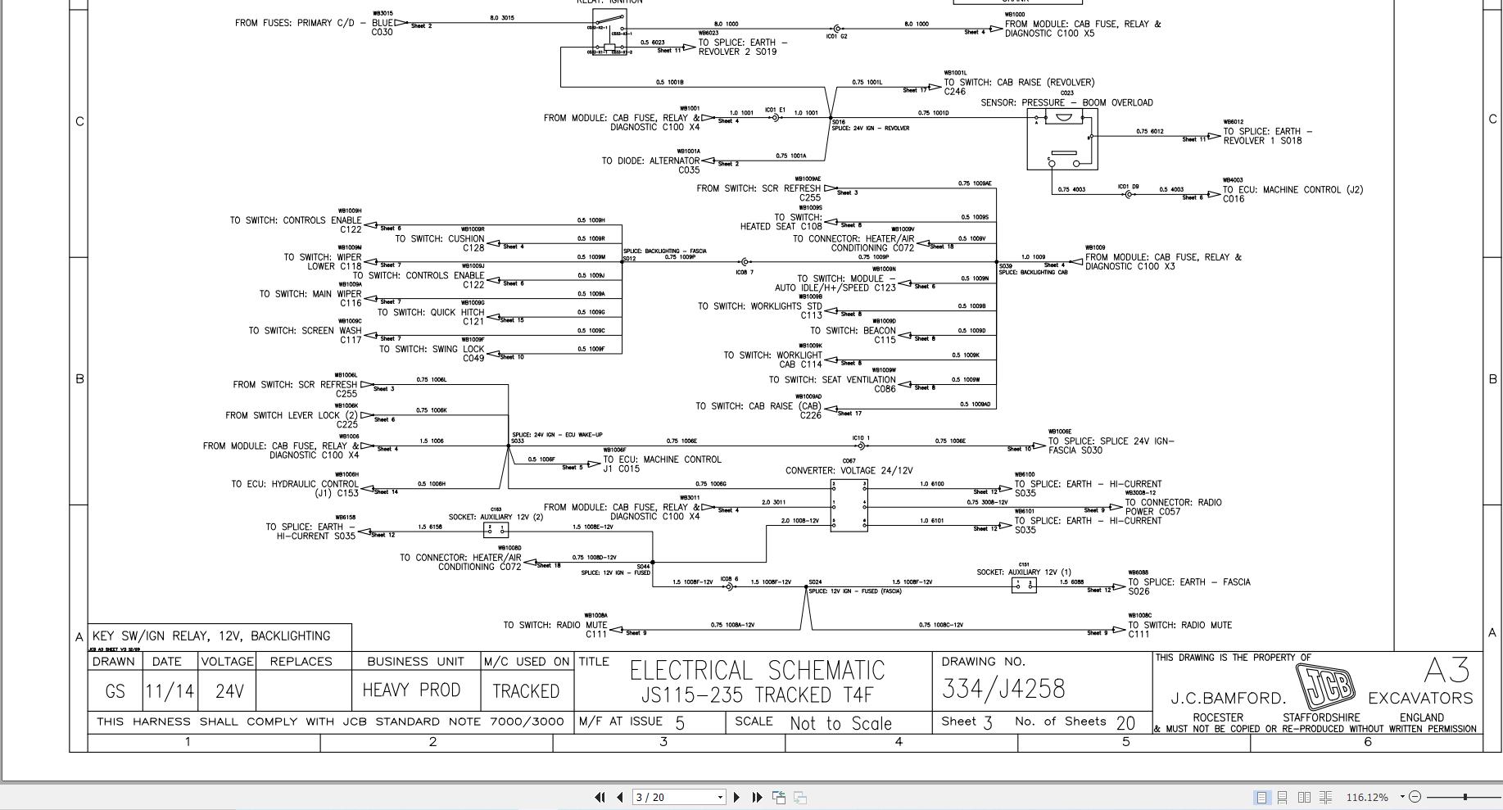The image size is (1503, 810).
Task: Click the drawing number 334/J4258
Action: click(1003, 690)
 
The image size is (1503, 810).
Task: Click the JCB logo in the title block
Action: click(1325, 686)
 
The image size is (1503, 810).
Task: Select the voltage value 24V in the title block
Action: click(229, 692)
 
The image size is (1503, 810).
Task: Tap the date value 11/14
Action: click(170, 692)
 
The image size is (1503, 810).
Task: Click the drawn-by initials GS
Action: click(115, 692)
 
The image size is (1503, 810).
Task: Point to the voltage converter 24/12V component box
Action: click(849, 505)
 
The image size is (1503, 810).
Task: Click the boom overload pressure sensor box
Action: click(1062, 139)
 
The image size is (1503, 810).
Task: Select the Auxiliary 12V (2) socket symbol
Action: click(496, 529)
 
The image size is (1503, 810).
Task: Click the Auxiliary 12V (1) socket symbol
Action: click(1024, 585)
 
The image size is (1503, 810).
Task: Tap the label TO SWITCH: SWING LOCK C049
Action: click(432, 353)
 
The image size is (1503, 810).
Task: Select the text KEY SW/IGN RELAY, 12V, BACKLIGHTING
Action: click(211, 636)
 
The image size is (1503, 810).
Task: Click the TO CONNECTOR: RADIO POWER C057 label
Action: click(1173, 507)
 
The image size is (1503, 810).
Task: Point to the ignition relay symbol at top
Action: click(609, 33)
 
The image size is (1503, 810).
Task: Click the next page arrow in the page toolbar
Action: click(736, 797)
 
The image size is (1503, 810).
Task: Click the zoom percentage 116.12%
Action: click(1367, 797)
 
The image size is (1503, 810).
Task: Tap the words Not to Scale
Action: click(840, 723)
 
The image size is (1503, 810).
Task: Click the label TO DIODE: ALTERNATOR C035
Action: click(650, 165)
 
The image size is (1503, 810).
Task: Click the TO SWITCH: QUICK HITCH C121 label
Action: click(431, 316)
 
